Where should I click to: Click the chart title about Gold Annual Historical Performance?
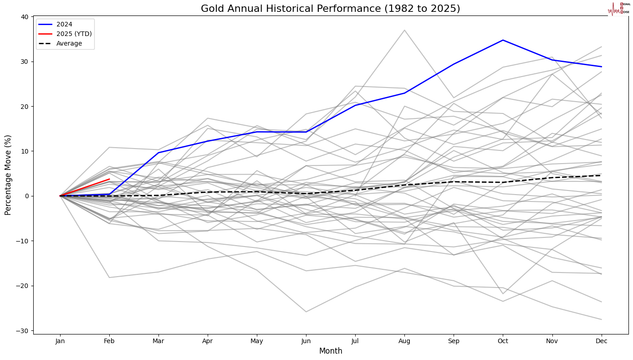pos(330,9)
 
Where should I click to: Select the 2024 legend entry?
pos(64,25)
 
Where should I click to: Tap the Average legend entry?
pos(69,44)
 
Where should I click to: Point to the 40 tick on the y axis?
pos(25,17)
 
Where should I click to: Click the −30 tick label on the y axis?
pos(22,331)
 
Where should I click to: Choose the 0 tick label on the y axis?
pos(27,196)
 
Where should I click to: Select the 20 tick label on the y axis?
pos(25,107)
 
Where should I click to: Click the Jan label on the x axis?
pos(60,341)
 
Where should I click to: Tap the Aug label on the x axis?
pos(404,341)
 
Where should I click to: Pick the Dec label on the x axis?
pos(601,341)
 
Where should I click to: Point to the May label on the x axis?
pos(257,341)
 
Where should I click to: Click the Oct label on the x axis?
pos(503,341)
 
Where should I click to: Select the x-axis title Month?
pos(330,351)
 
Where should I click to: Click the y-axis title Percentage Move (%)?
pos(8,175)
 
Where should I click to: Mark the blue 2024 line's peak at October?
pos(503,40)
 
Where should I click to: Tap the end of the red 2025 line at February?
pos(109,179)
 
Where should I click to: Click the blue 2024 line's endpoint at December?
pos(601,67)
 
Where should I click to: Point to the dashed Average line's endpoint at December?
pos(601,175)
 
